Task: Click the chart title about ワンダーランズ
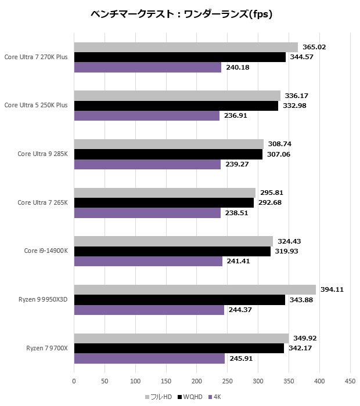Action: [181, 14]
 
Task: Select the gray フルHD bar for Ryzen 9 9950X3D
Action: [195, 289]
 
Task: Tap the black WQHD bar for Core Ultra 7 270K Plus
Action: [179, 57]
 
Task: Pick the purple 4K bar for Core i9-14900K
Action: [148, 262]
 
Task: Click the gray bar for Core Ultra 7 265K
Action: [164, 193]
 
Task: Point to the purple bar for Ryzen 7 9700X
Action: [149, 359]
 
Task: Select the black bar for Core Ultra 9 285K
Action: [168, 154]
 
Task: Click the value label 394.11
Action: [332, 289]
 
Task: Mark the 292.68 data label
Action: [270, 203]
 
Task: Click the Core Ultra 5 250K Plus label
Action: [36, 106]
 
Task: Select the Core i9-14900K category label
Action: [46, 251]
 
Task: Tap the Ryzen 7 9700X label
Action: [47, 349]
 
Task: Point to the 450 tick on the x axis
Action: [350, 381]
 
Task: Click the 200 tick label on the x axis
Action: [197, 381]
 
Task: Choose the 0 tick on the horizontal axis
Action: [74, 381]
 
